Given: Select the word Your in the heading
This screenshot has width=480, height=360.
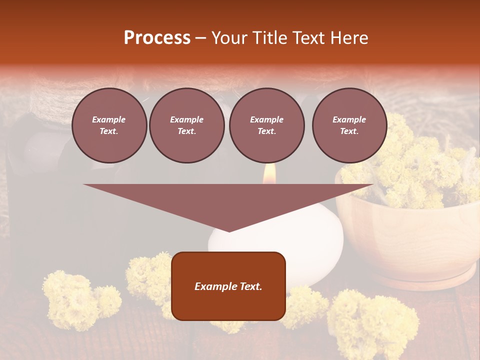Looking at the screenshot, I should pos(229,38).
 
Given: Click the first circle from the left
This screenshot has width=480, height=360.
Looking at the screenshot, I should pos(109,125).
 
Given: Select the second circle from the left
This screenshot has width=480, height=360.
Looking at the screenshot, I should pos(187,125).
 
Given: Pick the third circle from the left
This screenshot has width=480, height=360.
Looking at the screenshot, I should pos(267,125).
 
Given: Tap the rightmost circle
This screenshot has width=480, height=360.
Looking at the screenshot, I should pos(349,125).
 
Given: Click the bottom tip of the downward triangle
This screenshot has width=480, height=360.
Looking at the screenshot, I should pos(229,230).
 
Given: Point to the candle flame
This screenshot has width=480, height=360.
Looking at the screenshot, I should pos(269,173).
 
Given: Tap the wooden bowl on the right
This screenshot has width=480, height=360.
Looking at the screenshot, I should pos(410,245).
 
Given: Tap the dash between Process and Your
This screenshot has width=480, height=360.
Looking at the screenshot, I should pos(200,38).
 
